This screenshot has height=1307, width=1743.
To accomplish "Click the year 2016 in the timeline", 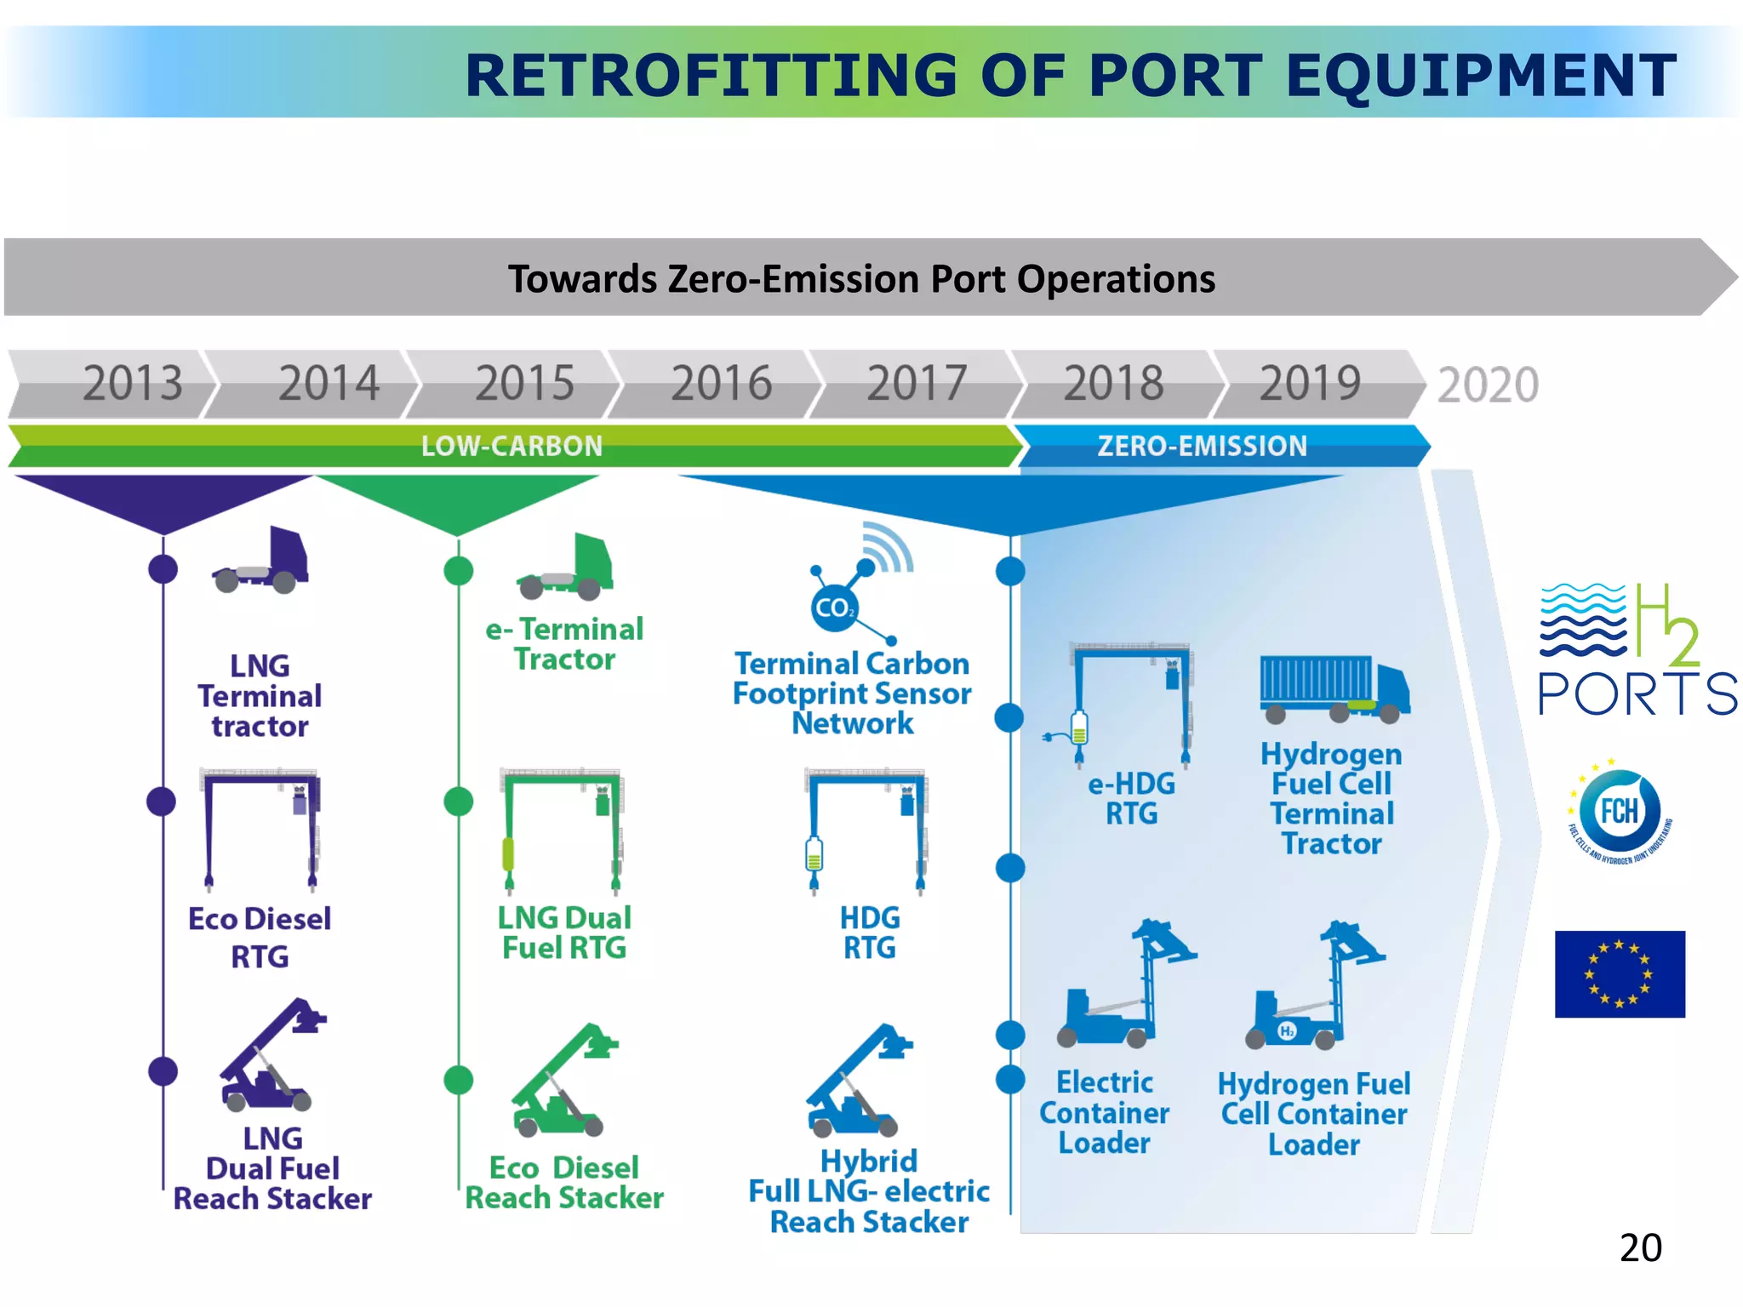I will [x=721, y=383].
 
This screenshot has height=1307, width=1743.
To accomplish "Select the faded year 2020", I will [x=1488, y=385].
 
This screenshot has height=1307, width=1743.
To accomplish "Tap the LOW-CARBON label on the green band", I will [x=511, y=446].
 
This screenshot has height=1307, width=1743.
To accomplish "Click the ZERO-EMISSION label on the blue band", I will [x=1201, y=446].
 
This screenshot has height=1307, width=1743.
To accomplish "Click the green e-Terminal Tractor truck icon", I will [x=565, y=567].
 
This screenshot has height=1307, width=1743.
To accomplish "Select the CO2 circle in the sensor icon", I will [x=833, y=608].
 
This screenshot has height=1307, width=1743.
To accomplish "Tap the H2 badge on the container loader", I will [x=1287, y=1031].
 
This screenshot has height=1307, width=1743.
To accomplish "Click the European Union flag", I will [x=1619, y=973].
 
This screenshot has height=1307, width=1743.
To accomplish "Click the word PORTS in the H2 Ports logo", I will [x=1637, y=694].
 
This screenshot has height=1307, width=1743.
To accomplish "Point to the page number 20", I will [x=1640, y=1247].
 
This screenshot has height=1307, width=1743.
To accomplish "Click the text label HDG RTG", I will [x=869, y=933].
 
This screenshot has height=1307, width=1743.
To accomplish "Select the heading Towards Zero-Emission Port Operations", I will [x=861, y=279].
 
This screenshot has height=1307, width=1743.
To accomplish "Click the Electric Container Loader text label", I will [x=1104, y=1112].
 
